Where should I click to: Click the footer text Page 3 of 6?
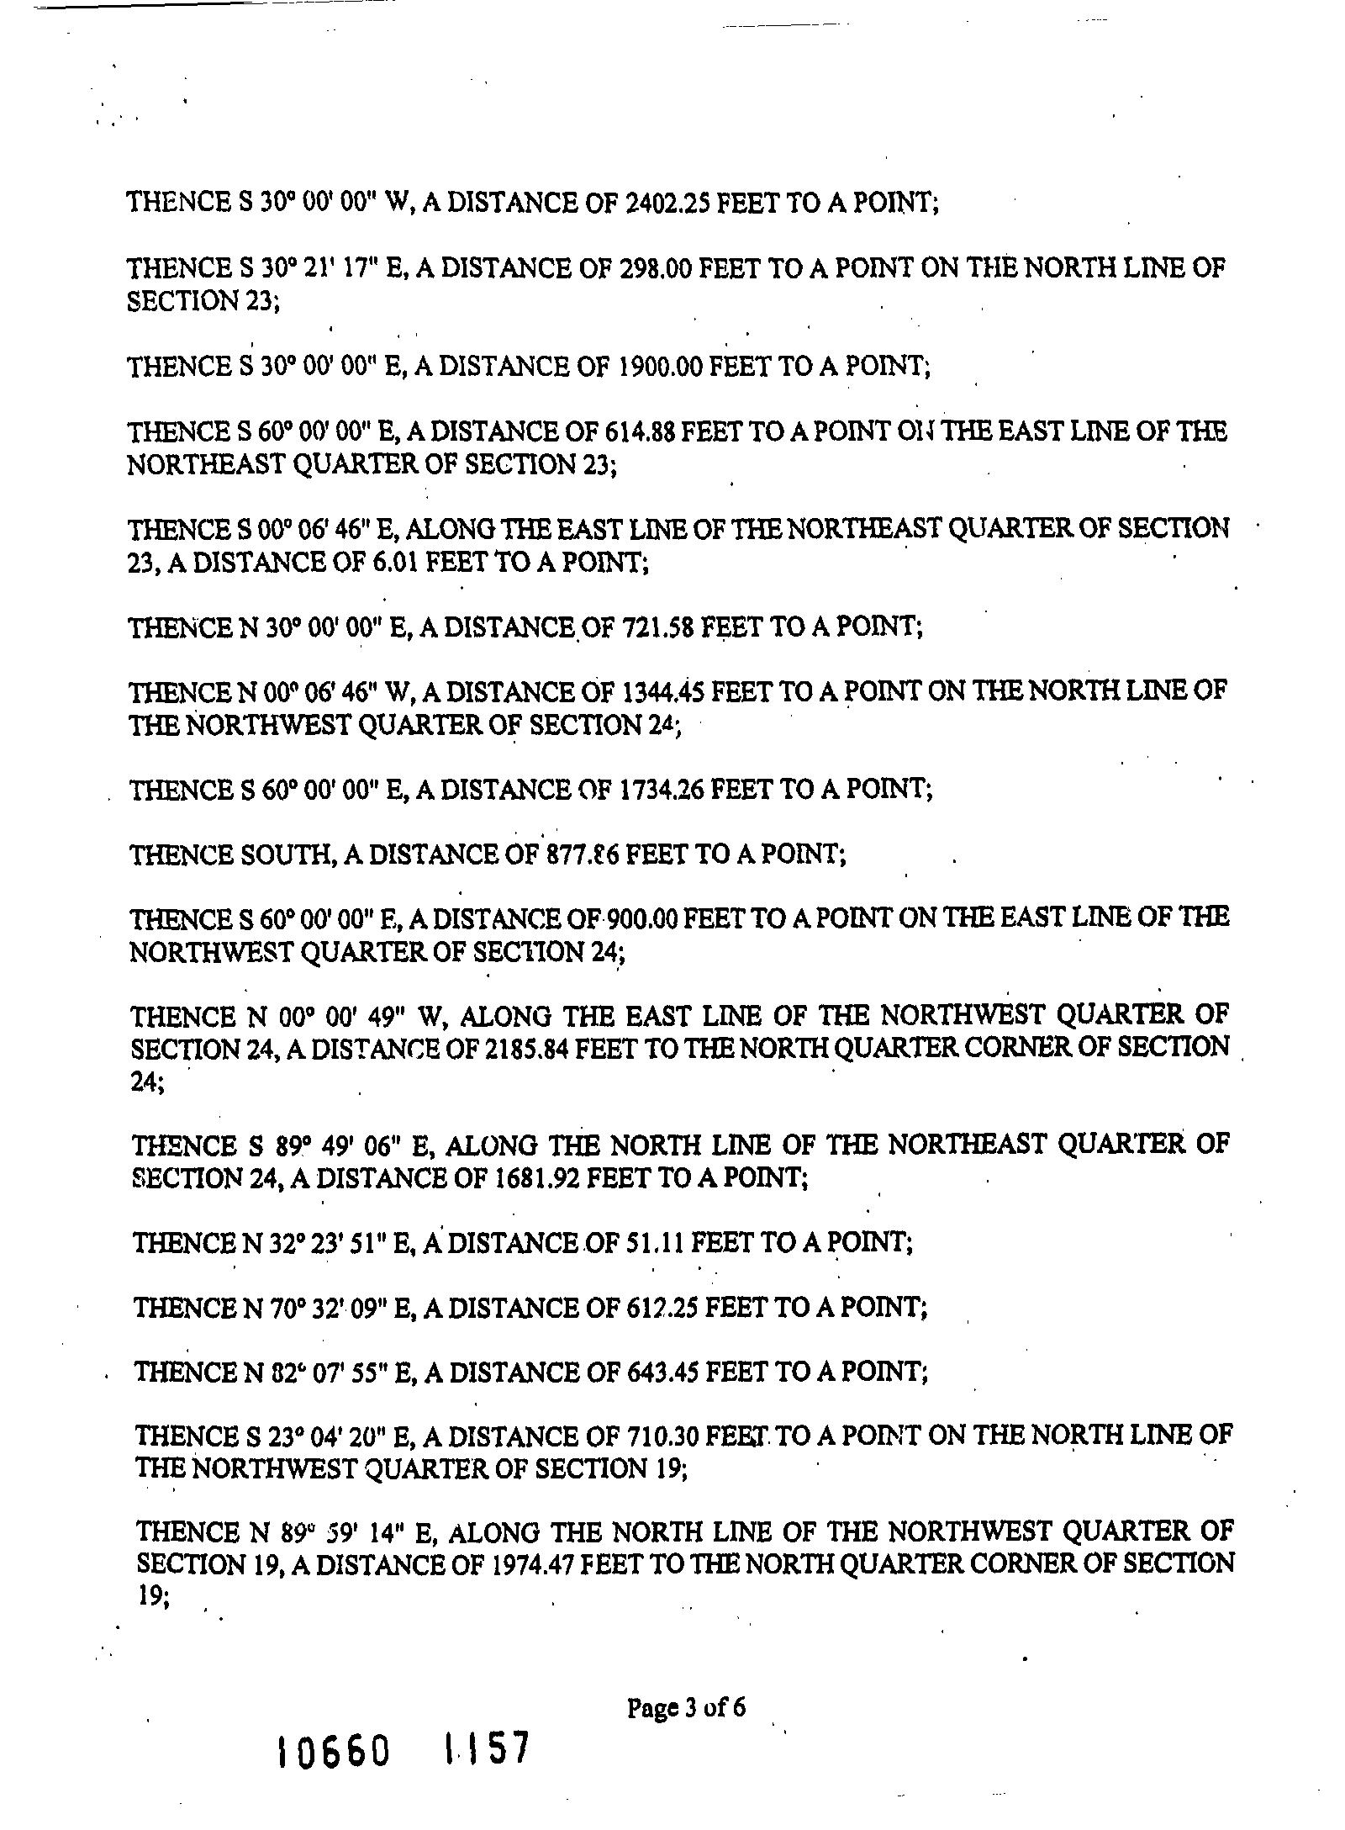click(686, 1709)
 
